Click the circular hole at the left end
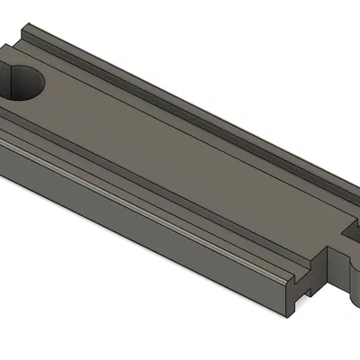[x=24, y=83]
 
